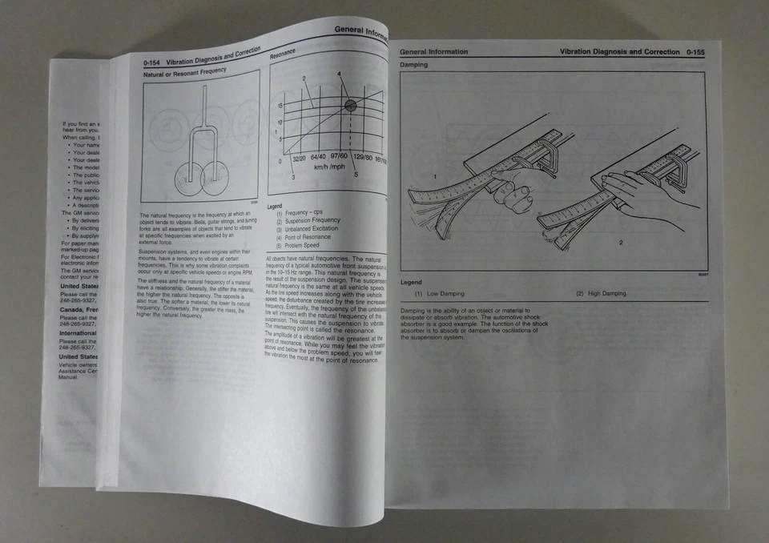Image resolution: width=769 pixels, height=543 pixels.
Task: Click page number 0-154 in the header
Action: (154, 62)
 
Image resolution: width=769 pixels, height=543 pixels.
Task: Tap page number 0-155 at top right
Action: (695, 52)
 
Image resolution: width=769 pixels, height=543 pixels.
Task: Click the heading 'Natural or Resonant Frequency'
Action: (184, 71)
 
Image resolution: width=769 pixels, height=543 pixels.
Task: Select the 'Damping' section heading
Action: (414, 65)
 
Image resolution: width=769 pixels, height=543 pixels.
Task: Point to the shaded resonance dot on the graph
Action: (350, 105)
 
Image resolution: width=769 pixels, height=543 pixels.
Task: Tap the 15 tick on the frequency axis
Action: (280, 105)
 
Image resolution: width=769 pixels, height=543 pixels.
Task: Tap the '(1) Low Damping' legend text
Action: (440, 294)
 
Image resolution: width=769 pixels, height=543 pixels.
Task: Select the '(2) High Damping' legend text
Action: (601, 294)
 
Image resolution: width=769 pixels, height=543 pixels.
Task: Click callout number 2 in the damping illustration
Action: (620, 242)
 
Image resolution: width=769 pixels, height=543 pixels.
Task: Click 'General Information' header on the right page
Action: (433, 52)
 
